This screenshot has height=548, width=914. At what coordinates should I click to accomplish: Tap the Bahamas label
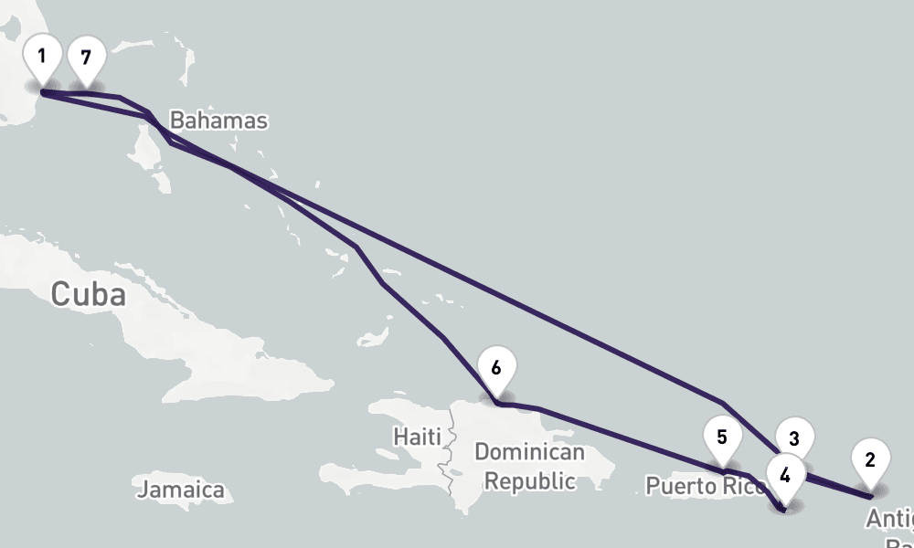point(218,121)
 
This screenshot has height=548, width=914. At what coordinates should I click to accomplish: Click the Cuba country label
point(88,294)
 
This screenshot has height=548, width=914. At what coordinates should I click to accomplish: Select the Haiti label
point(417,437)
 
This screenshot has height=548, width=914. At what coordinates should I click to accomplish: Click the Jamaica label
point(181,490)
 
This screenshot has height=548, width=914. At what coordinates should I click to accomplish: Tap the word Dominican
point(529,452)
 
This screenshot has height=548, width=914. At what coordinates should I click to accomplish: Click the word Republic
point(529,480)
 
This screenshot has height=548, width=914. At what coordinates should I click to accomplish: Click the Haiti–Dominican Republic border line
point(449,457)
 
